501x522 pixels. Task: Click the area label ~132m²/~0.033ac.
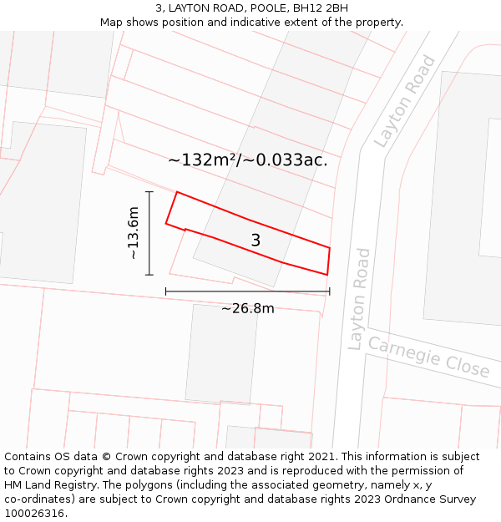tap(248, 160)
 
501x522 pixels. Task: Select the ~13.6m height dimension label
tap(133, 233)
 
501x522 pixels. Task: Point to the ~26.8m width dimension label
tap(247, 308)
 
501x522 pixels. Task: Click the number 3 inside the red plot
tap(256, 241)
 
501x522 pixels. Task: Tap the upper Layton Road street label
tap(405, 101)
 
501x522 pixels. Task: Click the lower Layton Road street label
tap(359, 298)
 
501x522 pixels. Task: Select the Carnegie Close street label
tap(429, 357)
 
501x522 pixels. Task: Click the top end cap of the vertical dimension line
tap(149, 192)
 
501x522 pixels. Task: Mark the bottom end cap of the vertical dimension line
tap(149, 275)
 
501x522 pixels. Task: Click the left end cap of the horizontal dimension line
tap(166, 291)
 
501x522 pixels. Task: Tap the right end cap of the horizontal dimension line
tap(329, 291)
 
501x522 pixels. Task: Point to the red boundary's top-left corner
tap(177, 192)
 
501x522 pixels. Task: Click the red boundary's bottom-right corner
tap(326, 274)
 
